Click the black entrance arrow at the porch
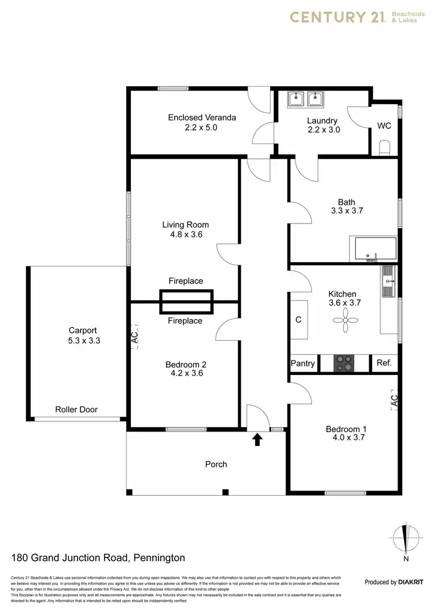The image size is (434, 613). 258,440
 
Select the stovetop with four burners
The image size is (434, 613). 344,363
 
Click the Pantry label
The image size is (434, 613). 303,363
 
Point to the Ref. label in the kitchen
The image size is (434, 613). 384,363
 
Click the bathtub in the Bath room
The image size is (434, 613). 376,249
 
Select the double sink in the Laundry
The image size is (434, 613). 305,99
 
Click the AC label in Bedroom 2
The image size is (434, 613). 134,339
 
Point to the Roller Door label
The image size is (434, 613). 76,410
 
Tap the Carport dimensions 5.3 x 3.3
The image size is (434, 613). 84,341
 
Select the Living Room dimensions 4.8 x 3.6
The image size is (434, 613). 185,235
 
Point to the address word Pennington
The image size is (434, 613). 159,558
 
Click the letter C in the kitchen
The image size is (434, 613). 299,319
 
